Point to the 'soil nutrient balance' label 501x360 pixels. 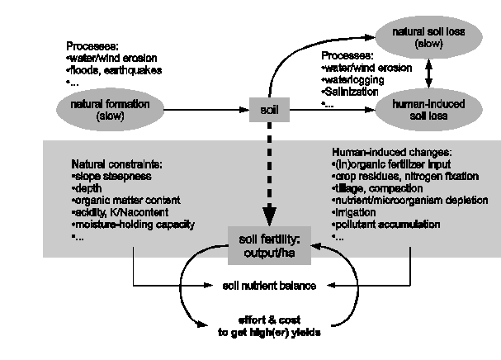click(268, 287)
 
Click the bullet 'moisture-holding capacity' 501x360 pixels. click(124, 225)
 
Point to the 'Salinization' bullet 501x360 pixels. click(349, 93)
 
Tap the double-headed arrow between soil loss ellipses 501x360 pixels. click(428, 72)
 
